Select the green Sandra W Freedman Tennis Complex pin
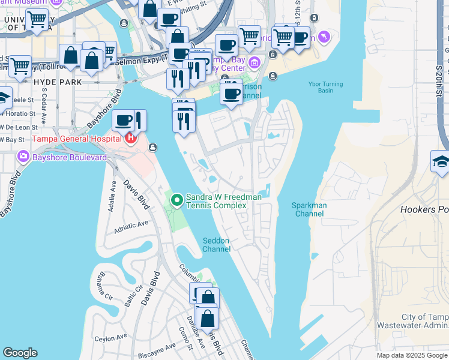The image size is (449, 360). click(177, 200)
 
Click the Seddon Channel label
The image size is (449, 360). click(216, 245)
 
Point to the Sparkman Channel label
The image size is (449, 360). click(309, 209)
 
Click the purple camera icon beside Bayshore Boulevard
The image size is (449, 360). click(25, 157)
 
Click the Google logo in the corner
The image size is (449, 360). click(20, 353)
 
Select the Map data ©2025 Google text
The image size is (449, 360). click(412, 355)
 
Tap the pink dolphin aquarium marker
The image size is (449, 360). click(325, 37)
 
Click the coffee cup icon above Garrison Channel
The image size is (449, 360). click(231, 93)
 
